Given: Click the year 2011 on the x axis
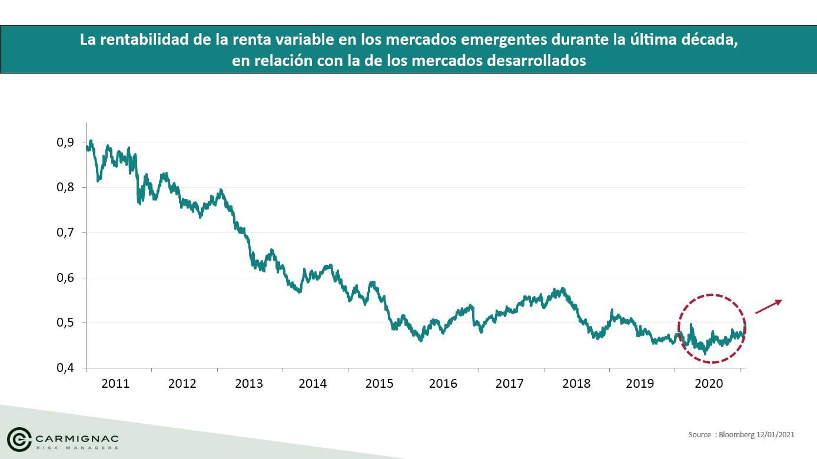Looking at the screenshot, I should coord(115,384).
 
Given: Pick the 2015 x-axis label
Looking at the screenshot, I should coord(379,384).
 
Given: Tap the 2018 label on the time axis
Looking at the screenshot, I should coord(576,384).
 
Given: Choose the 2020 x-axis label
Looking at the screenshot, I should coord(709,384).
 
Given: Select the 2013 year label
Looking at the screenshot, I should coord(249,384).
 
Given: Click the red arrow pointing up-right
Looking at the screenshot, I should coord(769,307).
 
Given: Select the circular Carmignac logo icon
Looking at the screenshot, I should coord(19,439).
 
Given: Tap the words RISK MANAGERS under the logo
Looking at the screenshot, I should coord(77,448).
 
